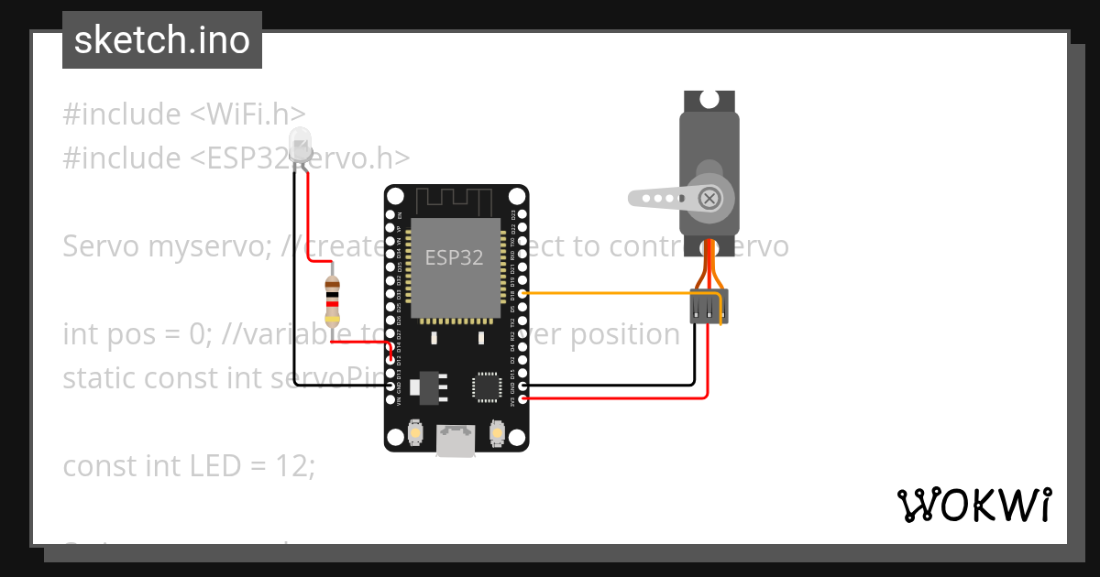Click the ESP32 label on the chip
coord(454,257)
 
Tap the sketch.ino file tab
coord(162,40)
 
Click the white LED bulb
coord(300,146)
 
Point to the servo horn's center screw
coord(709,198)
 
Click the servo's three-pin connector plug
coord(709,307)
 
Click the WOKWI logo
coord(973,504)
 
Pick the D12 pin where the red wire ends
coord(391,360)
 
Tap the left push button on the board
coord(415,433)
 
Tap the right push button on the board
coord(497,433)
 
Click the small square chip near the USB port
coord(485,386)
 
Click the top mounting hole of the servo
coord(709,98)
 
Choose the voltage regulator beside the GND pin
coord(423,386)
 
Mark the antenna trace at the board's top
coord(456,200)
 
